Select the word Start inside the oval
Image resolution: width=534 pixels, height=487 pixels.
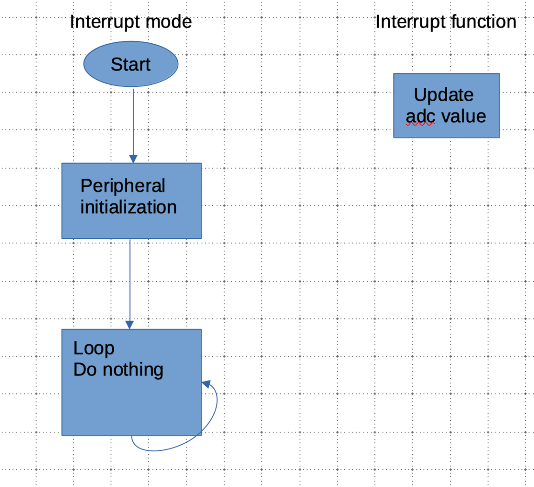(130, 65)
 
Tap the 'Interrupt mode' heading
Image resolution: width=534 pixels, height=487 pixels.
(130, 22)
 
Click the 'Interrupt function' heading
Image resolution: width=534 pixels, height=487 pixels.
(445, 22)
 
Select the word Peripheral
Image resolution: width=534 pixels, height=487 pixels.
(123, 186)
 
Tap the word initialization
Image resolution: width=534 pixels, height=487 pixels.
(129, 207)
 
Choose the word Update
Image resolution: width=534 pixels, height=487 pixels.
(443, 95)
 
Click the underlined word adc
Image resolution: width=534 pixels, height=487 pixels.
(420, 116)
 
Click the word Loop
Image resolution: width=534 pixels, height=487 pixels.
(94, 349)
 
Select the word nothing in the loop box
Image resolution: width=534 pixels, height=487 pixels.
(133, 370)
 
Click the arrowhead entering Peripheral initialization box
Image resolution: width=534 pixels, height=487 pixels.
(133, 159)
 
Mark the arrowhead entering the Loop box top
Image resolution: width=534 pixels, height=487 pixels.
(130, 325)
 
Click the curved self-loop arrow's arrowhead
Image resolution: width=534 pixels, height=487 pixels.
(205, 383)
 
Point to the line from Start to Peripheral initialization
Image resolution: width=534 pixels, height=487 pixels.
(133, 121)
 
